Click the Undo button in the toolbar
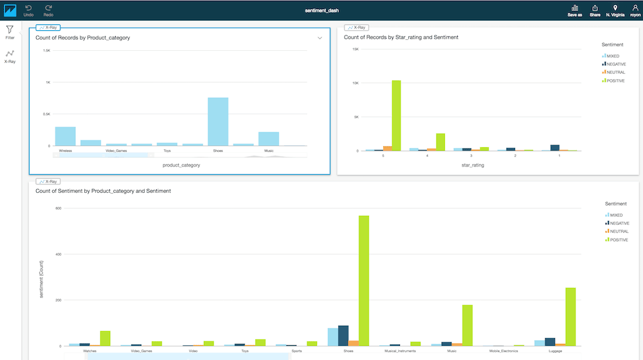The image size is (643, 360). click(29, 10)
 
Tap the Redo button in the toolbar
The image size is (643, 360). click(48, 10)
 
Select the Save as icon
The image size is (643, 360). click(575, 10)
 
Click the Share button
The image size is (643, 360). click(595, 10)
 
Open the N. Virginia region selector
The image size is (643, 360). click(615, 10)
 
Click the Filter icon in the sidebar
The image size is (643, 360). click(10, 32)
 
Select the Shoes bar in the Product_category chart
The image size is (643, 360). click(218, 122)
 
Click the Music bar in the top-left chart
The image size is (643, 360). click(269, 139)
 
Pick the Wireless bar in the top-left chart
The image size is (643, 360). click(65, 136)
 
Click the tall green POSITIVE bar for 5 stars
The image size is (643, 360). click(396, 116)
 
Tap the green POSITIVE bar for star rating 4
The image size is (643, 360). click(440, 142)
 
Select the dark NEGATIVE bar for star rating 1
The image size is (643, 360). click(555, 148)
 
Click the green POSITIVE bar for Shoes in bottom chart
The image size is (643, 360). click(364, 280)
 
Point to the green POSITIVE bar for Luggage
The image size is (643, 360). click(570, 316)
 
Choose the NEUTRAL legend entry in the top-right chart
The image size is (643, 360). click(615, 72)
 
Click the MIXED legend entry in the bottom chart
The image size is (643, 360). click(615, 215)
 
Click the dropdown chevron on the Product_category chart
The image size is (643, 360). click(320, 38)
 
